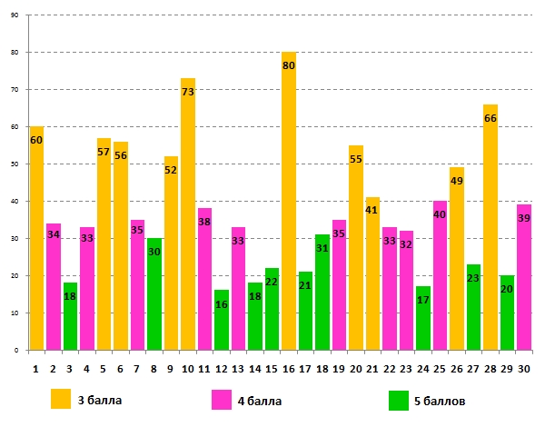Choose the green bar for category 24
click(422, 318)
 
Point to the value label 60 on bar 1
click(36, 140)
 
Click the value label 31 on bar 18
click(322, 248)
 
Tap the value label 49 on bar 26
click(457, 181)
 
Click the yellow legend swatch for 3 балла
click(62, 399)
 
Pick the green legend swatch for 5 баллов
click(398, 399)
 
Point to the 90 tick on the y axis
click(15, 15)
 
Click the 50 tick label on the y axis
click(15, 164)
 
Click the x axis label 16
click(289, 370)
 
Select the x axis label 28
click(490, 370)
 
